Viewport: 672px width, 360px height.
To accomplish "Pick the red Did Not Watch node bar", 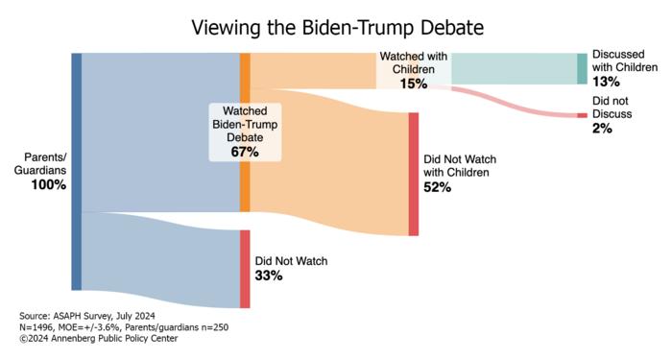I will pyautogui.click(x=245, y=269).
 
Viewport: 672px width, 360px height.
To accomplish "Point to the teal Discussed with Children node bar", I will pyautogui.click(x=582, y=69).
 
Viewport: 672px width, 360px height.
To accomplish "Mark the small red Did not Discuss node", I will pyautogui.click(x=582, y=115).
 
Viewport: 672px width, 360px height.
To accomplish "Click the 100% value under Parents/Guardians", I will pyautogui.click(x=48, y=184).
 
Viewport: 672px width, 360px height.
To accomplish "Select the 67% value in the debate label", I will pyautogui.click(x=246, y=152).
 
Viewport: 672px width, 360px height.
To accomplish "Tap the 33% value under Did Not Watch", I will pyautogui.click(x=268, y=276).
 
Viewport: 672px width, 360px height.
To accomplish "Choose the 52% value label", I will pyautogui.click(x=437, y=187).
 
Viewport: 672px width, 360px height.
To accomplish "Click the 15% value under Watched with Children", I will pyautogui.click(x=414, y=84).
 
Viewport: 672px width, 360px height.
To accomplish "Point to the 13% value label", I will pyautogui.click(x=605, y=82).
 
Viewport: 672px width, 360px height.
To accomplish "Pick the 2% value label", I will pyautogui.click(x=602, y=128).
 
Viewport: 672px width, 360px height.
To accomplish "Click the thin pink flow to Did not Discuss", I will pyautogui.click(x=518, y=103).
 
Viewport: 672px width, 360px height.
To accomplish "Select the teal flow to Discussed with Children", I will pyautogui.click(x=514, y=69).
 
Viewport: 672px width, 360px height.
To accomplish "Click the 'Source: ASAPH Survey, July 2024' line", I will pyautogui.click(x=86, y=316).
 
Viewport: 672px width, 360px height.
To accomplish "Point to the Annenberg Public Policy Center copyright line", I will pyautogui.click(x=99, y=338).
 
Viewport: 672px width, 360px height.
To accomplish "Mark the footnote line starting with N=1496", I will pyautogui.click(x=124, y=327).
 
